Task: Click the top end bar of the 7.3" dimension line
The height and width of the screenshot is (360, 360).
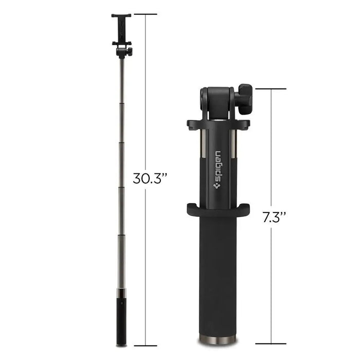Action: click(x=271, y=89)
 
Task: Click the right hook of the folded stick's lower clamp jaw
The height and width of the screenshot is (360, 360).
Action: click(x=245, y=210)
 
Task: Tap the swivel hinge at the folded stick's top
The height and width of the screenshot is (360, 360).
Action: click(x=216, y=100)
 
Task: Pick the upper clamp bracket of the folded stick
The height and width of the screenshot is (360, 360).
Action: click(x=218, y=124)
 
